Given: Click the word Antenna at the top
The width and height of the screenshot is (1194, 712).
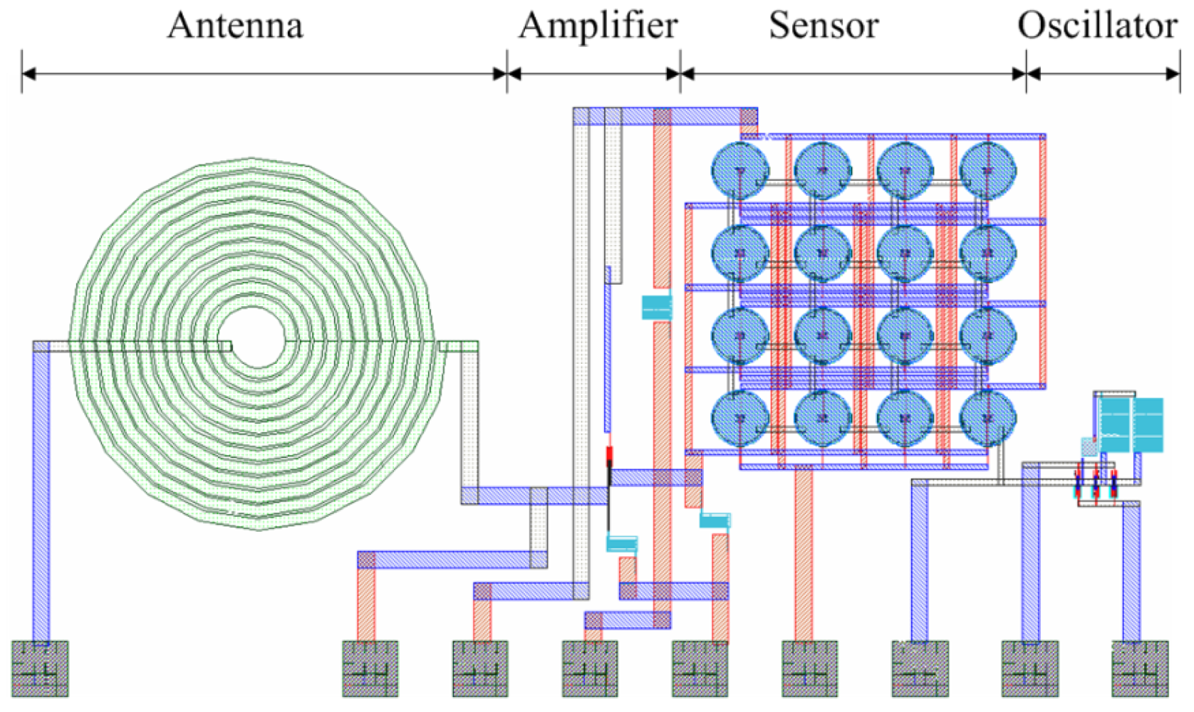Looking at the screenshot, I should pos(235,26).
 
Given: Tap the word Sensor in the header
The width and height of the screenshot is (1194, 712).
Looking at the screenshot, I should pos(824,26).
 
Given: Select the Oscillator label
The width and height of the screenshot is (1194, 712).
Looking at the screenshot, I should pos(1097,26).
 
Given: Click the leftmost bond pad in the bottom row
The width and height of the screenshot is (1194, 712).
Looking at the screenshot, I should pos(40,668).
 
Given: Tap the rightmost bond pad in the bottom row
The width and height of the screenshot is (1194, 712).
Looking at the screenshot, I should pos(1140,668).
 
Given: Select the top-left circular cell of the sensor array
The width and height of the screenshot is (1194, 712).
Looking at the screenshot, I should pos(740,171).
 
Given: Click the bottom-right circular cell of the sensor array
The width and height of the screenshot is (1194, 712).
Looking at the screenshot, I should pos(987,419).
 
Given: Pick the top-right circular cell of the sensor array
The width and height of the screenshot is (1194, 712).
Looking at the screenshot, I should pos(987,171).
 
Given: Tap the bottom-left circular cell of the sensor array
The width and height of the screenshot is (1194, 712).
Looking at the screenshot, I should pos(740,419).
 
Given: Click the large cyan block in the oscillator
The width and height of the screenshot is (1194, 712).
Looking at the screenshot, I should pos(1131,425).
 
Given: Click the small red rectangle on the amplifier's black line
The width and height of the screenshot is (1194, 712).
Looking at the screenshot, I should pos(609,456).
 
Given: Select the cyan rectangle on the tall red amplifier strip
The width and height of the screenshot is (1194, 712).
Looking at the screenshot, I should pos(657,308).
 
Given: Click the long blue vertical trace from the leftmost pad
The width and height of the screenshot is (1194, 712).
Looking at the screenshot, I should pos(41,498).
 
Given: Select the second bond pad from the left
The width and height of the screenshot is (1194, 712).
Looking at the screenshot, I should pos(370,668).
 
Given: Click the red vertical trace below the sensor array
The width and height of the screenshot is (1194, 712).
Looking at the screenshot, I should pos(804,555).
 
